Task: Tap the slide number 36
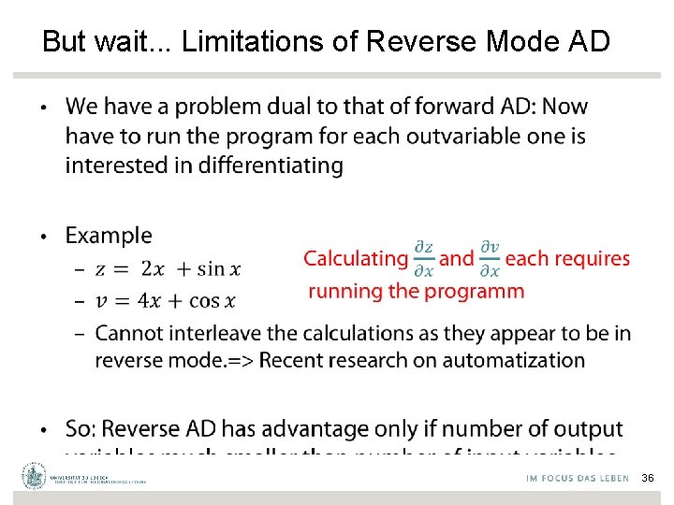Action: [x=648, y=478]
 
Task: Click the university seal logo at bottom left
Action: [x=35, y=476]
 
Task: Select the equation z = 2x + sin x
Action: [x=168, y=269]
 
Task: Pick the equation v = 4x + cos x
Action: [x=166, y=301]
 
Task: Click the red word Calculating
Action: [x=356, y=258]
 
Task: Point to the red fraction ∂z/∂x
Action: [x=423, y=259]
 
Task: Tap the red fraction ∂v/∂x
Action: [x=490, y=259]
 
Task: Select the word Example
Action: [x=108, y=236]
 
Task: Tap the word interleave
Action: [x=208, y=333]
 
